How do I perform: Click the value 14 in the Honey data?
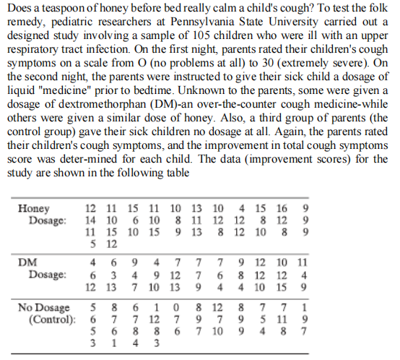pyautogui.click(x=91, y=220)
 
